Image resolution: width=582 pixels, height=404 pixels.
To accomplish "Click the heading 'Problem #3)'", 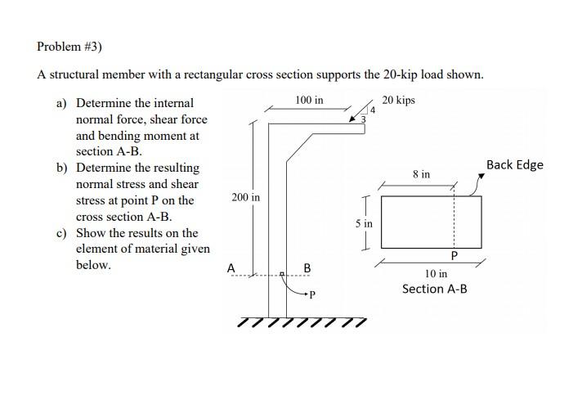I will pyautogui.click(x=69, y=47).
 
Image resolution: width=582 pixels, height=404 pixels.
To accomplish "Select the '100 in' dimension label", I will pyautogui.click(x=308, y=100).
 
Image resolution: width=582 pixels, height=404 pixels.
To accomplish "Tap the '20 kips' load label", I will pyautogui.click(x=399, y=100).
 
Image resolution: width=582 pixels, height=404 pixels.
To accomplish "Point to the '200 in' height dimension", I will pyautogui.click(x=245, y=198).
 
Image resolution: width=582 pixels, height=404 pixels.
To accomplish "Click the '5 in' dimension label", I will pyautogui.click(x=364, y=222).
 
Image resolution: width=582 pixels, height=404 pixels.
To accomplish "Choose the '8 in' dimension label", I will pyautogui.click(x=421, y=174).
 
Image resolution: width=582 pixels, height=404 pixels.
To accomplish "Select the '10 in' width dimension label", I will pyautogui.click(x=436, y=273).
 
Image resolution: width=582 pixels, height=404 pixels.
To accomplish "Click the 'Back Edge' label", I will pyautogui.click(x=514, y=164).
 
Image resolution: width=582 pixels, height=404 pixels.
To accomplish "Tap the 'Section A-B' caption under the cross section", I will pyautogui.click(x=434, y=289).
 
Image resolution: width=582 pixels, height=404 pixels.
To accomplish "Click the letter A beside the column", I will pyautogui.click(x=231, y=267).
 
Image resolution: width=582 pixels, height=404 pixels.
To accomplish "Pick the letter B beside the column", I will pyautogui.click(x=307, y=267).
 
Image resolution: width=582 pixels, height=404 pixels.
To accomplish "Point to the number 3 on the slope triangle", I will pyautogui.click(x=365, y=120).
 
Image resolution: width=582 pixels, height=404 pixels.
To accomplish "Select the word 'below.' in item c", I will pyautogui.click(x=93, y=266).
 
